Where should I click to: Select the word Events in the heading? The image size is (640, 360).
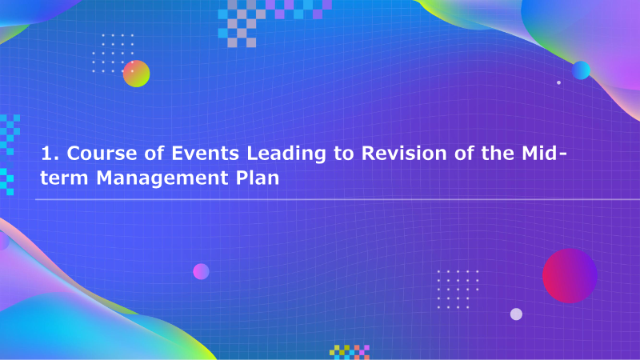click(205, 154)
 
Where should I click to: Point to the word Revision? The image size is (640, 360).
click(404, 154)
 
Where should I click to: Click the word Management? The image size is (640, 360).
click(162, 178)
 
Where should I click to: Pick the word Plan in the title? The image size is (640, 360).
click(258, 178)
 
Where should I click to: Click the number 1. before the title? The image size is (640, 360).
click(50, 154)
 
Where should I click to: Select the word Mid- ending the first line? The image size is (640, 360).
click(544, 153)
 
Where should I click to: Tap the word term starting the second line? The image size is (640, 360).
click(64, 178)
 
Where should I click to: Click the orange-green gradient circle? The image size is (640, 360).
click(136, 74)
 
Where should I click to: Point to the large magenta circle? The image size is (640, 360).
click(570, 276)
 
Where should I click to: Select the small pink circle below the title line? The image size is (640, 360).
click(201, 271)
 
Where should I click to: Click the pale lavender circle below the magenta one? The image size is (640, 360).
click(516, 314)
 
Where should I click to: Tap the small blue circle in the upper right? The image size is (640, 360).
click(582, 70)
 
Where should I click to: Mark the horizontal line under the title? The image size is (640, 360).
click(338, 199)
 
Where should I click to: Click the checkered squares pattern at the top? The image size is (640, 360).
click(274, 23)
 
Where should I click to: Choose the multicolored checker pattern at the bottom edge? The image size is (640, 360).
click(350, 352)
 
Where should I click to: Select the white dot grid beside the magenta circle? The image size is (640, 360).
click(458, 290)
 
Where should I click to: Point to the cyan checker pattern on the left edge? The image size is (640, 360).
click(10, 155)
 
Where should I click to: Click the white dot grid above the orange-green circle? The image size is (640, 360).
click(113, 54)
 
